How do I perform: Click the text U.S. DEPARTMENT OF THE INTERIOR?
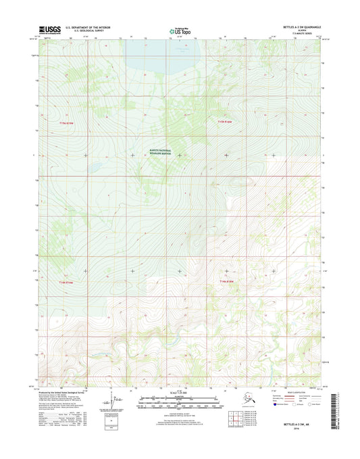point(91,28)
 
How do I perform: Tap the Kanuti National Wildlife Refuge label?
point(161,153)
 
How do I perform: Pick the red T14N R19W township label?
point(65,282)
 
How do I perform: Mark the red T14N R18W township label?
point(226,281)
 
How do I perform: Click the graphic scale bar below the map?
point(180,404)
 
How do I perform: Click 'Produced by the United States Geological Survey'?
point(64,391)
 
